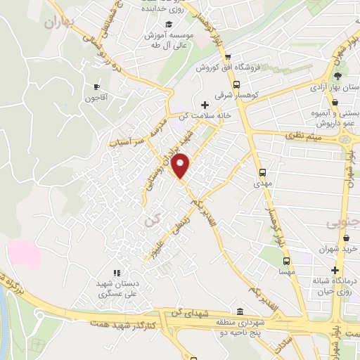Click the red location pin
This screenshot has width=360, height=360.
point(181,165)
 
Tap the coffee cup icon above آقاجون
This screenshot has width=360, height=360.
point(97,86)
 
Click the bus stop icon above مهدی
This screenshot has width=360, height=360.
point(262,171)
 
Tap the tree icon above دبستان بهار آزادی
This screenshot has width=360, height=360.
point(337,76)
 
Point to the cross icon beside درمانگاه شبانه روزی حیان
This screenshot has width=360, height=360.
point(335,270)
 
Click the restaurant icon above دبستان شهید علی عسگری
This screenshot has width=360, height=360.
point(117,273)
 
